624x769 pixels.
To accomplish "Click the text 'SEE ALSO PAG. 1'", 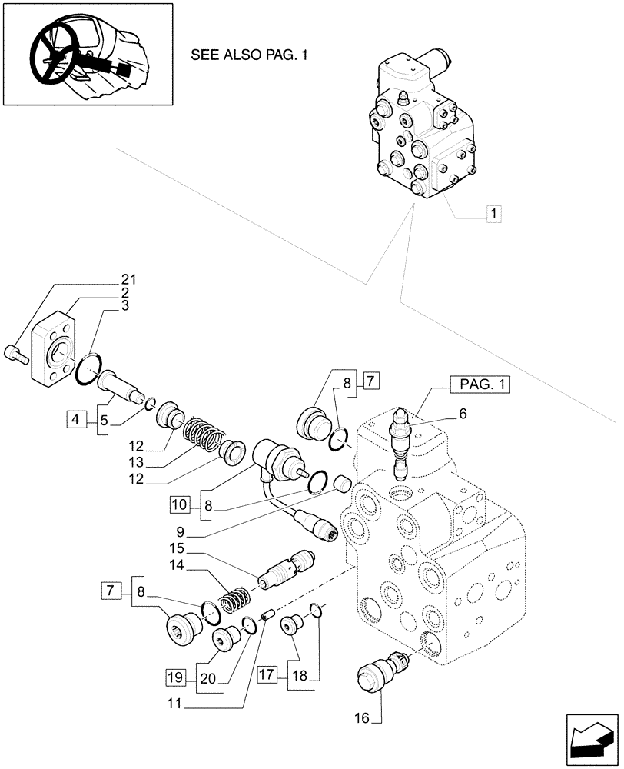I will pos(244,56).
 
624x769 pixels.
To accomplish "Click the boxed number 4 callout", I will pos(75,419).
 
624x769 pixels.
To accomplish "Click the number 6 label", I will pos(463,413).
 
